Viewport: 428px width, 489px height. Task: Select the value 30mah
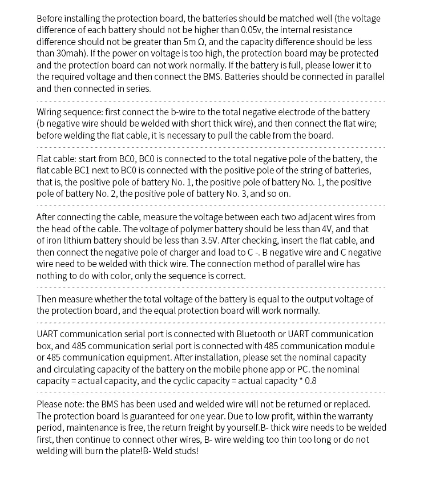pyautogui.click(x=70, y=53)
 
